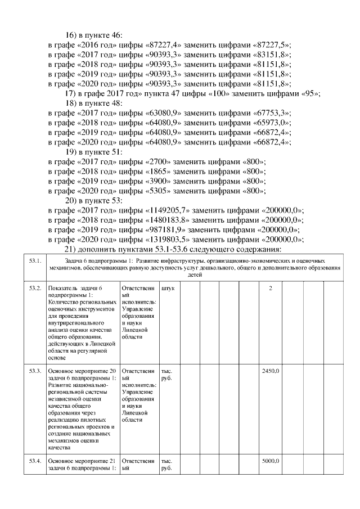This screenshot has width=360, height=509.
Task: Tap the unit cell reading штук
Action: click(168, 289)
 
